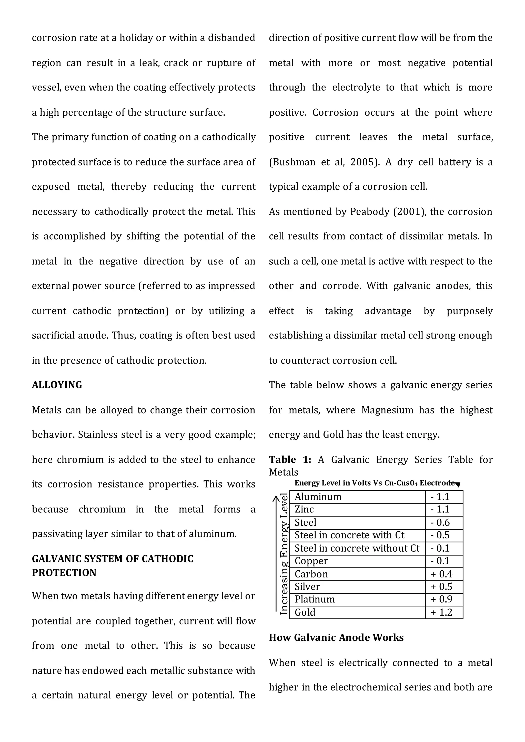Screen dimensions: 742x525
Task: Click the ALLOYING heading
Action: (x=57, y=385)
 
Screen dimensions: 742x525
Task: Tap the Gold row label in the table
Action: (x=305, y=612)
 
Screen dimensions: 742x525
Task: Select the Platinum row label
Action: (x=315, y=599)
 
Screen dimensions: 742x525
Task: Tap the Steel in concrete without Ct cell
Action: (x=357, y=548)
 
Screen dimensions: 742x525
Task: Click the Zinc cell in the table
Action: (x=304, y=509)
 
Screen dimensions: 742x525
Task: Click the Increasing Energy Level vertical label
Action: (x=284, y=553)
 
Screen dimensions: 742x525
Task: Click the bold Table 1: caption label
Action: (x=290, y=460)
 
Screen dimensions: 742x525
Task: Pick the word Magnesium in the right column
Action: (x=387, y=410)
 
